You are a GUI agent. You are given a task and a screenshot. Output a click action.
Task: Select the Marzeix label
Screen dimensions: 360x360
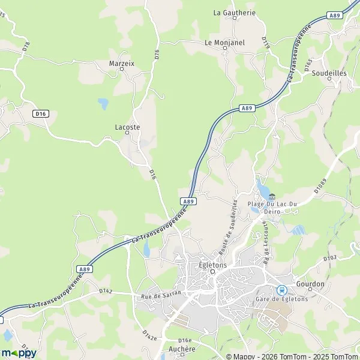click(x=121, y=62)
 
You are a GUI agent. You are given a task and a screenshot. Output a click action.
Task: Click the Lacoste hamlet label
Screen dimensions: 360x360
click(x=127, y=127)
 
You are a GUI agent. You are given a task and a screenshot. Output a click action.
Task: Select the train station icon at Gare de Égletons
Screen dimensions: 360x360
click(x=281, y=290)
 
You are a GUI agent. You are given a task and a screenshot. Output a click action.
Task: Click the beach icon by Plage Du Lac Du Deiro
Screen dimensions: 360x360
click(x=272, y=196)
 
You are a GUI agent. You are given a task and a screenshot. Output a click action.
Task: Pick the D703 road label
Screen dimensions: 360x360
click(x=330, y=259)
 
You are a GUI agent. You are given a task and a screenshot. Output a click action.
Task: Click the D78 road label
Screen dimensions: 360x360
click(x=25, y=45)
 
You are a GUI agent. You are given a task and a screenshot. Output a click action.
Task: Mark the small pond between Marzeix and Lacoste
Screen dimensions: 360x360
click(x=103, y=104)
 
